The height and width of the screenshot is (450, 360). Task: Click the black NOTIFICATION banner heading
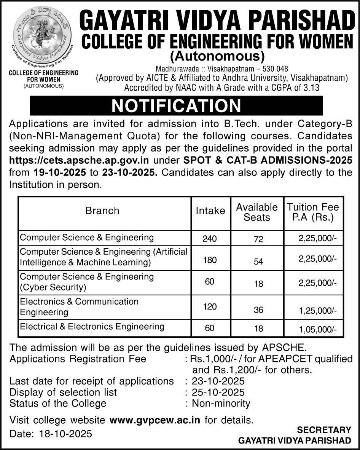pos(176,106)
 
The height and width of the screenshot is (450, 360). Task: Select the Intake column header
pos(210,211)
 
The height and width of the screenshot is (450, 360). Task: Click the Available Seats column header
pos(257,212)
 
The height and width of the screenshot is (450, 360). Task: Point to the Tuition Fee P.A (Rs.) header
pos(312,212)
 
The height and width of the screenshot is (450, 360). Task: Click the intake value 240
pos(210,239)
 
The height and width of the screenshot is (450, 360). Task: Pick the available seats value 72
pos(258,239)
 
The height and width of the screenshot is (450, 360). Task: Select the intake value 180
pos(210,260)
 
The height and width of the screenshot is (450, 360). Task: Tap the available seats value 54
pos(258,262)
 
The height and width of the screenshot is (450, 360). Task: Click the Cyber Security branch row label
pos(87,282)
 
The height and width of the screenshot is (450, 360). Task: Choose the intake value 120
pos(210,307)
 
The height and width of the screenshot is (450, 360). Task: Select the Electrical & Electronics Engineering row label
pos(92,327)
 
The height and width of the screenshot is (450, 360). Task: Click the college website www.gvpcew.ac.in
pos(155,420)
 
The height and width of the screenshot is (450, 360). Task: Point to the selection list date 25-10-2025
pos(218,392)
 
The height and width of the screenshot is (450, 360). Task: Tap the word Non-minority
pos(221,403)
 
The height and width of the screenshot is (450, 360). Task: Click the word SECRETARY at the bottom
pos(324,430)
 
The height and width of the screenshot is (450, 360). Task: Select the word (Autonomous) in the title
pos(217,56)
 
